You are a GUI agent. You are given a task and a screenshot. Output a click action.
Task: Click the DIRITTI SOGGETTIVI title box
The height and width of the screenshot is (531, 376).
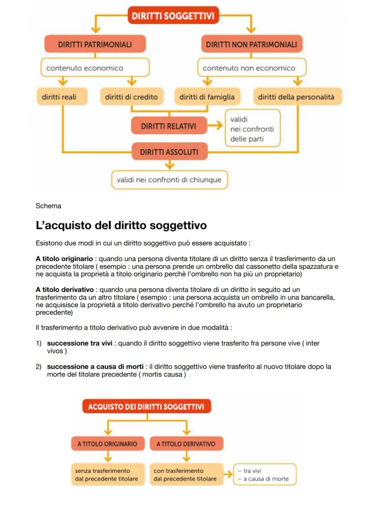coord(173,16)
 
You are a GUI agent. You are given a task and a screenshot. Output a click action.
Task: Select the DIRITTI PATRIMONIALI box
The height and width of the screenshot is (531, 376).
coord(95,44)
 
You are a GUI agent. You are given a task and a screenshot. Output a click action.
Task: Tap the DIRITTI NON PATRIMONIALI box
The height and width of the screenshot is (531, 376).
coord(251,44)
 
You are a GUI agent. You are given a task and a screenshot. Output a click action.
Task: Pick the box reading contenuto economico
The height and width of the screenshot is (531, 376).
coord(95,68)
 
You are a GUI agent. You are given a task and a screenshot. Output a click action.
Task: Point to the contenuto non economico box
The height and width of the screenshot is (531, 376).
coord(251,68)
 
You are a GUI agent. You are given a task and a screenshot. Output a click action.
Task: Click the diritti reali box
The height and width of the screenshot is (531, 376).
coord(62,97)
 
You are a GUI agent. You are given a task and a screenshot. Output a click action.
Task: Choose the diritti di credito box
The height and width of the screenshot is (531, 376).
coord(131,97)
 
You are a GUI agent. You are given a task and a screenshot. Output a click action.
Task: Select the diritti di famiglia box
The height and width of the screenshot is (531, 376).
coord(207,97)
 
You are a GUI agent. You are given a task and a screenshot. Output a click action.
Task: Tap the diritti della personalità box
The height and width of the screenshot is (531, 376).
coord(296,97)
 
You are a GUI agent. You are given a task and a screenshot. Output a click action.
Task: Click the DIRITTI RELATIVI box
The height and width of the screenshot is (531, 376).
coord(168,126)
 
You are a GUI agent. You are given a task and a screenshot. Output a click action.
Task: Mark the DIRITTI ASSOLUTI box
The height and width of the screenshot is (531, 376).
coord(168,152)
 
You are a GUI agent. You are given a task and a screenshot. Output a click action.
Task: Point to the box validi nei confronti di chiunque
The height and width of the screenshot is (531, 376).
coord(169,180)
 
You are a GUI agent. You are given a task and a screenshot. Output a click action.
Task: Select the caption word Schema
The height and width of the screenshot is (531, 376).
coord(48,206)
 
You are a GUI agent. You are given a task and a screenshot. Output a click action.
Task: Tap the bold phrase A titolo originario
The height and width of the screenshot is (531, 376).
coord(64,258)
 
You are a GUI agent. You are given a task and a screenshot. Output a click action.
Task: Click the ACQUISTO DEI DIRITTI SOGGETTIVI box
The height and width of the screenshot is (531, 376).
coord(146,406)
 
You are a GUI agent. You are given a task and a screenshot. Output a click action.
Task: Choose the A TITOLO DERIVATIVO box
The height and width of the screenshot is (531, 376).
coord(186,443)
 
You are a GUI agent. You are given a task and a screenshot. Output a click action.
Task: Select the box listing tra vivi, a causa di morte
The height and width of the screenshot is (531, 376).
coord(264,474)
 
